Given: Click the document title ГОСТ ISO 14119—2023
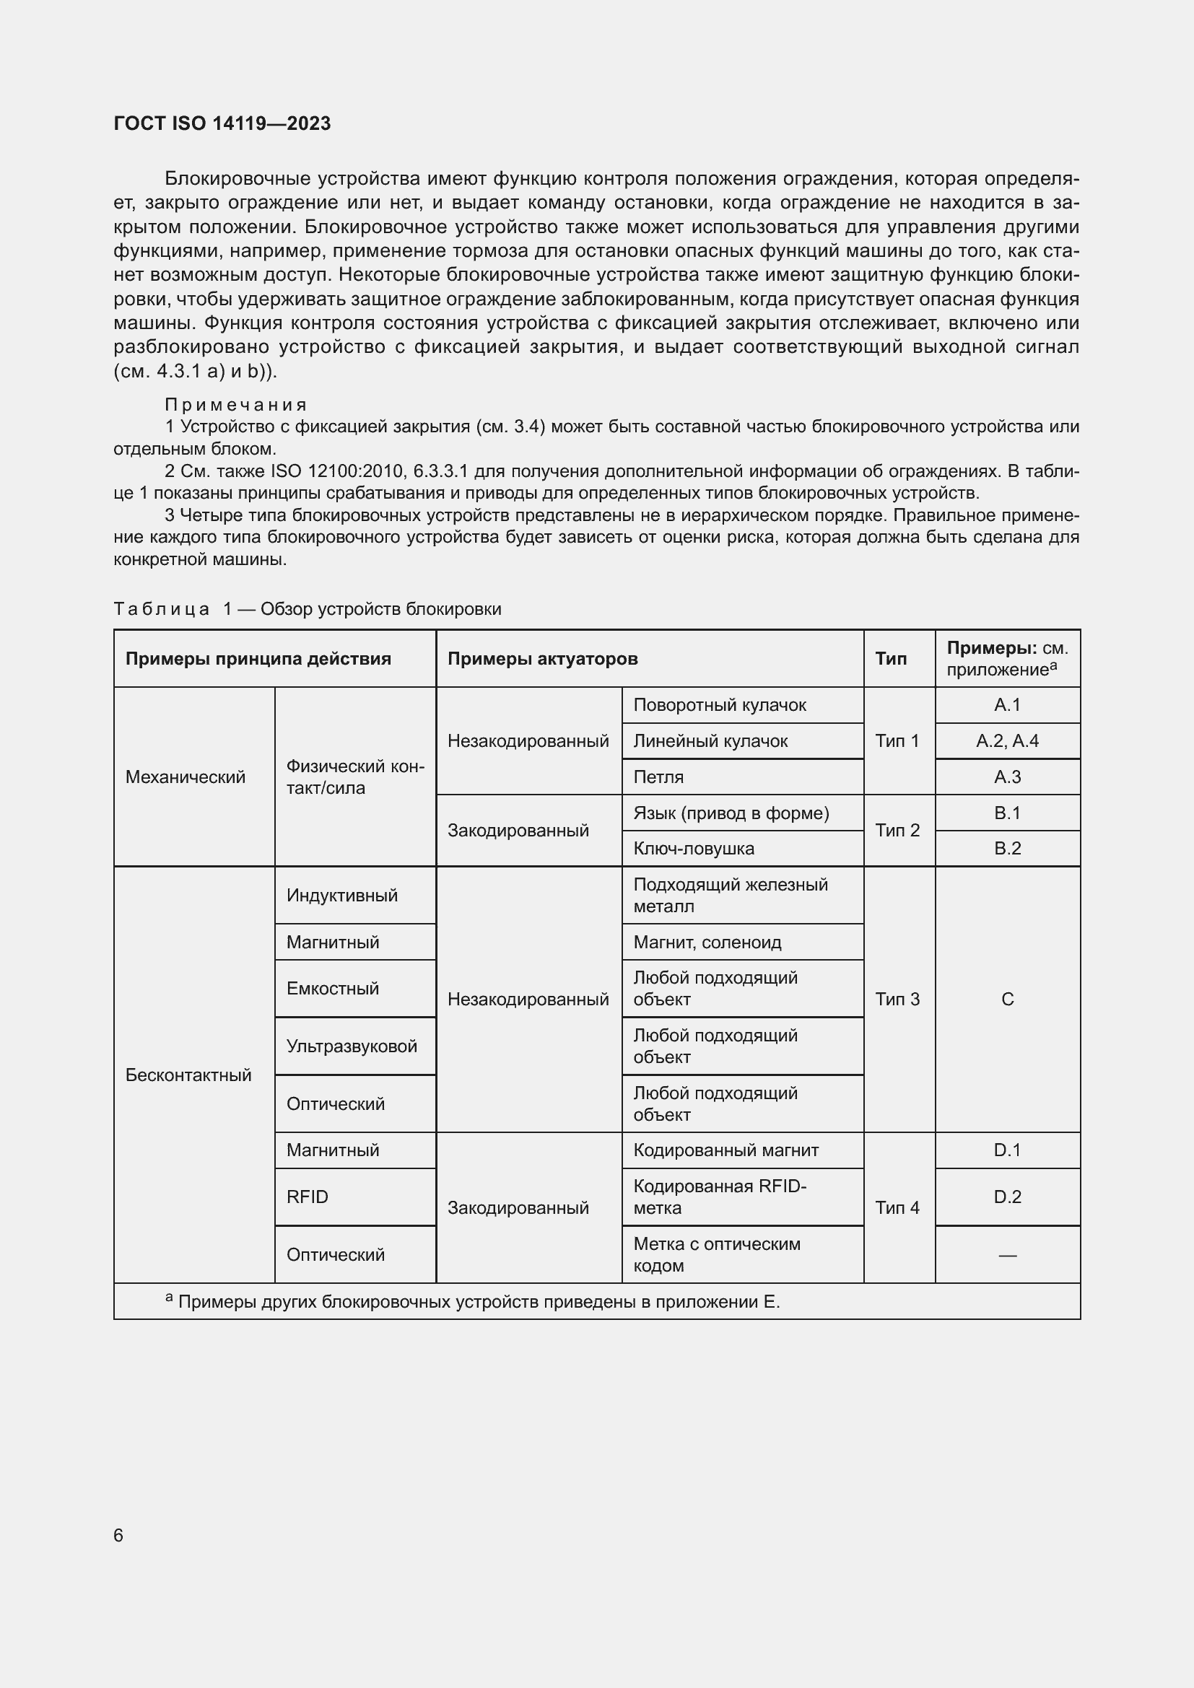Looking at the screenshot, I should [222, 123].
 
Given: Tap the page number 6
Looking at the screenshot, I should [118, 1535].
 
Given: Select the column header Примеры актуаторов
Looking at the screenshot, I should [542, 658].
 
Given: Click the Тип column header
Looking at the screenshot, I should [890, 658].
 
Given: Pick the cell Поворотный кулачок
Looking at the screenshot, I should [719, 704].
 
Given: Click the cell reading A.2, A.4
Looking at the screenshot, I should [1006, 740].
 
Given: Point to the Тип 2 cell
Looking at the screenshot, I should [897, 830].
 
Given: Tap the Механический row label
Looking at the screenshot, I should [186, 777].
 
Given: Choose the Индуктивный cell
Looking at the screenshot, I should [342, 895].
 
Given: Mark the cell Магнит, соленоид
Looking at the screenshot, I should [707, 942].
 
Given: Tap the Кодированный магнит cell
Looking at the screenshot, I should [725, 1150].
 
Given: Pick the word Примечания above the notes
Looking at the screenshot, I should [235, 404].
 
